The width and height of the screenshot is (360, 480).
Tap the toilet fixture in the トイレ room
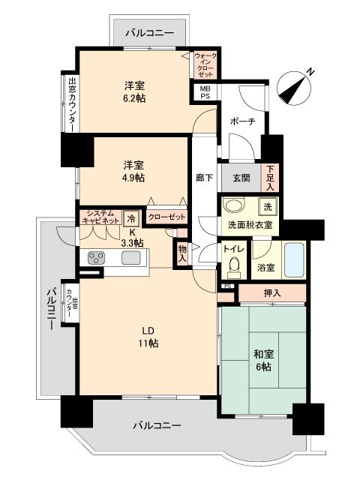click(x=235, y=266)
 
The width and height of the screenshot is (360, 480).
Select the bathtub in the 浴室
click(x=294, y=260)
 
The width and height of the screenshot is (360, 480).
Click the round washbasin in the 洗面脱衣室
click(x=233, y=205)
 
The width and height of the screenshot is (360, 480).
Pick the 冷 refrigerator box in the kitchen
click(x=131, y=218)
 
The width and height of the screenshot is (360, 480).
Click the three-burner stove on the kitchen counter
click(x=97, y=257)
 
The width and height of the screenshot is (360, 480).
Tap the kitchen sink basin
click(x=131, y=257)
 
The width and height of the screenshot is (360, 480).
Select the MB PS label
click(x=205, y=92)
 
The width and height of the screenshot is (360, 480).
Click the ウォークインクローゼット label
click(x=205, y=65)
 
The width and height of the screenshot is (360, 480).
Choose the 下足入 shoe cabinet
click(x=270, y=178)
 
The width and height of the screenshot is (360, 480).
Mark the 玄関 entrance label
click(x=241, y=178)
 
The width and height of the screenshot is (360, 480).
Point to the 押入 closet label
click(x=272, y=293)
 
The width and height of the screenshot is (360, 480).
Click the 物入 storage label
click(x=182, y=253)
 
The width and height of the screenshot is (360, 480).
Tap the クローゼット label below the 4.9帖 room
click(x=166, y=217)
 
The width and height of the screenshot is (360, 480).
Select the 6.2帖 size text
click(x=135, y=98)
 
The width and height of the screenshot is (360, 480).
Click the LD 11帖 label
click(x=148, y=337)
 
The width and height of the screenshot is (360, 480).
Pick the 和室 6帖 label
click(x=263, y=360)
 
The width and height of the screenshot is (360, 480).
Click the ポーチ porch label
click(x=243, y=121)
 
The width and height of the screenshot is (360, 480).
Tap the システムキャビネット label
click(x=100, y=217)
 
